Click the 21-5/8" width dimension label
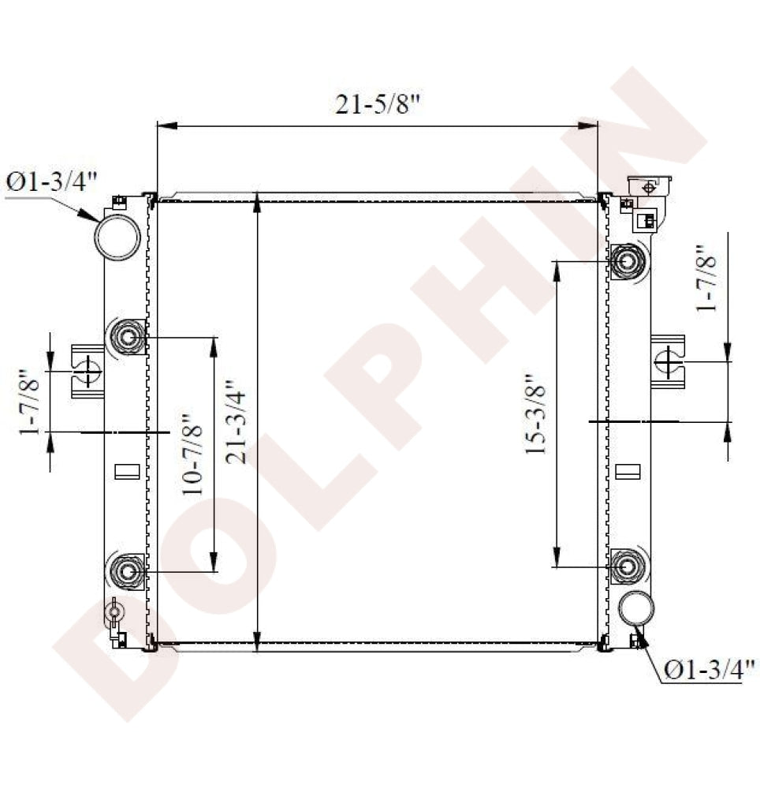(377, 104)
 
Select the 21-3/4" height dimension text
(237, 421)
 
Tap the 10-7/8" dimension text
(192, 454)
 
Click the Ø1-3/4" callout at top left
(51, 181)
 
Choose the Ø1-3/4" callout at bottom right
(710, 669)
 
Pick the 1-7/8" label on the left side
(29, 402)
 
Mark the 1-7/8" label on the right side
(706, 279)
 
